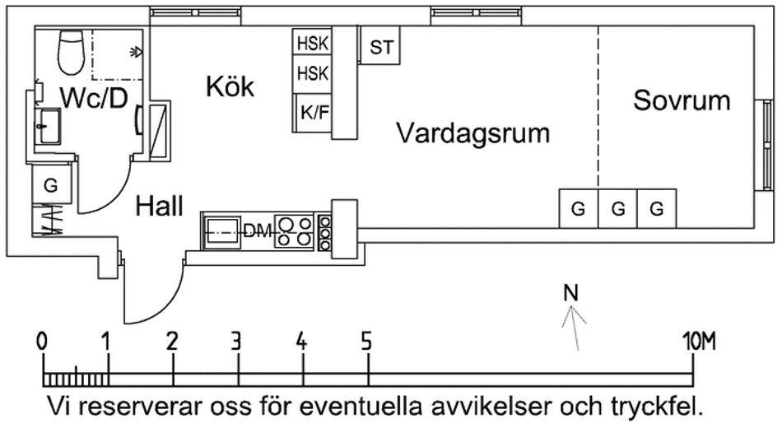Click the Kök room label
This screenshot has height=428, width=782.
pyautogui.click(x=230, y=86)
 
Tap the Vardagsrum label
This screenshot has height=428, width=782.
pyautogui.click(x=472, y=133)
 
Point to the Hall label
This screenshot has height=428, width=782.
pyautogui.click(x=160, y=206)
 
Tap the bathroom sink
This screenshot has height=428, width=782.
pyautogui.click(x=48, y=128)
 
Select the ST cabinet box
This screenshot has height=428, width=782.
pyautogui.click(x=381, y=48)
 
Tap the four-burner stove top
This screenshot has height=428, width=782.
pyautogui.click(x=294, y=231)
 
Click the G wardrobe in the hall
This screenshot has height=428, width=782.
pyautogui.click(x=51, y=186)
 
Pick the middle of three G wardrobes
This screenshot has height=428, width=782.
pyautogui.click(x=617, y=209)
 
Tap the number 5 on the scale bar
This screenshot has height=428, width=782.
pyautogui.click(x=366, y=340)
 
